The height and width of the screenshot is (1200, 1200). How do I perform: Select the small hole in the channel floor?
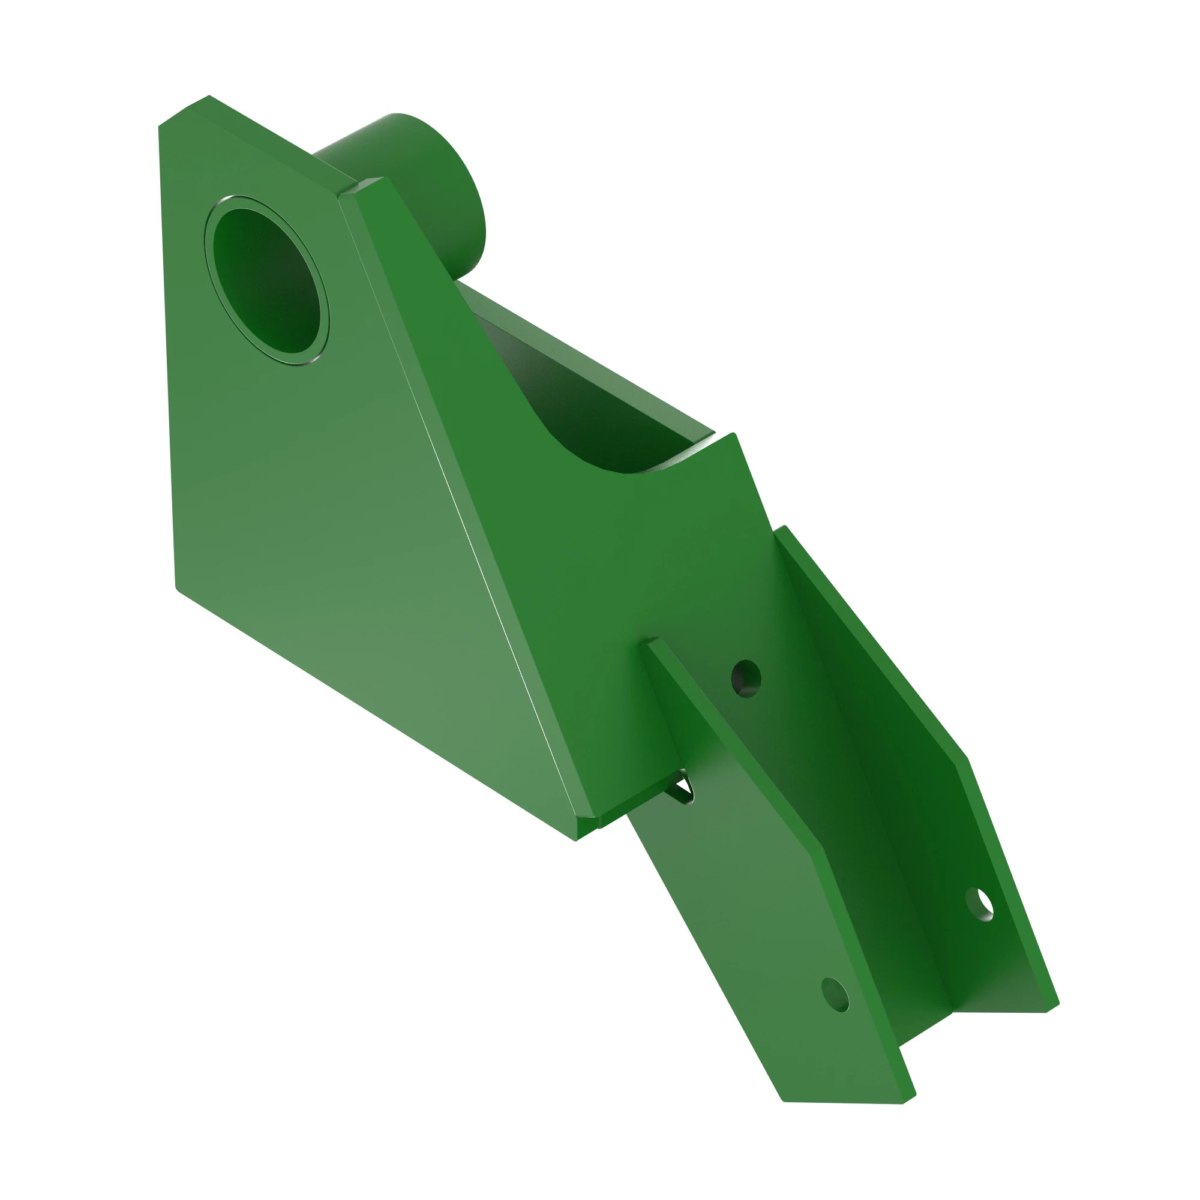746,679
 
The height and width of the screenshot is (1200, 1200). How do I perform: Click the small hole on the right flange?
980,905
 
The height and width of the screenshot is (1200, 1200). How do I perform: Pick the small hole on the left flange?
835,995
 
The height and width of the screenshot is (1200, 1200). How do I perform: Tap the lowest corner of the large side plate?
577,839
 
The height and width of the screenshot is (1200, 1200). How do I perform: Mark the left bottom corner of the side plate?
178,587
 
